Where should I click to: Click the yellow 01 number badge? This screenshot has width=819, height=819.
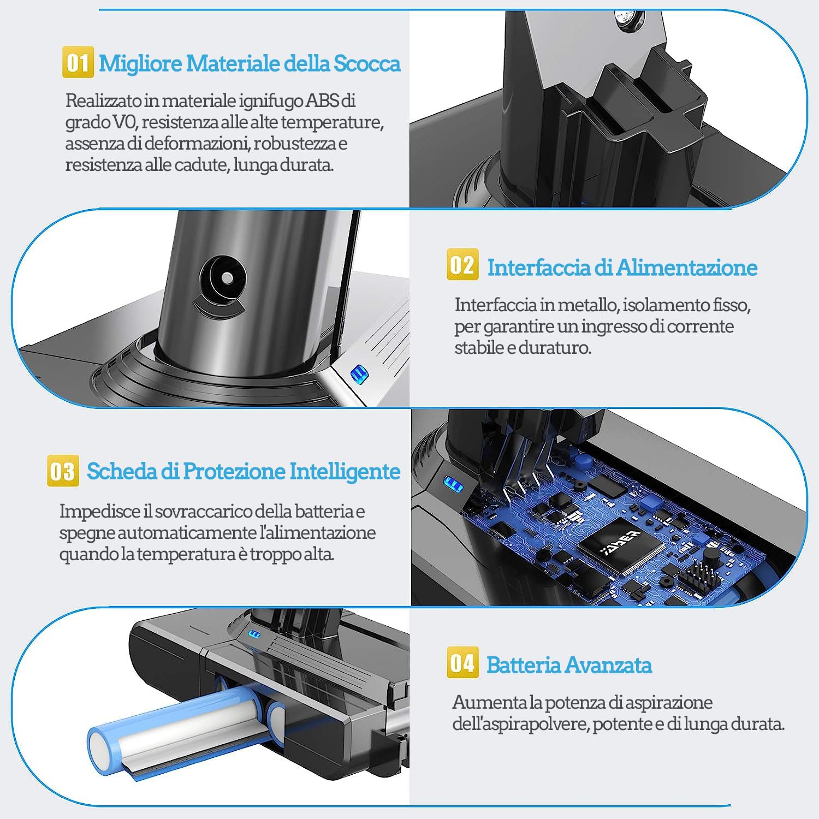(x=78, y=62)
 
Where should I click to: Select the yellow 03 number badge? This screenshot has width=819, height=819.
(x=63, y=470)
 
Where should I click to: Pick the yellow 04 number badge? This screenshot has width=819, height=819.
(x=462, y=662)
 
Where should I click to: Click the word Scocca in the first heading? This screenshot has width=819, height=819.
(x=367, y=63)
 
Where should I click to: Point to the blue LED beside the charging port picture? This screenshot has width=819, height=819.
(x=359, y=375)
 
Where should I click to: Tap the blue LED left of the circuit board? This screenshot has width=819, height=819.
(x=453, y=484)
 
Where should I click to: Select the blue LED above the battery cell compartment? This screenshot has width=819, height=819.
(x=254, y=634)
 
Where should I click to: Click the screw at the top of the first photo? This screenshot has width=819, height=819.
(x=627, y=20)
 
